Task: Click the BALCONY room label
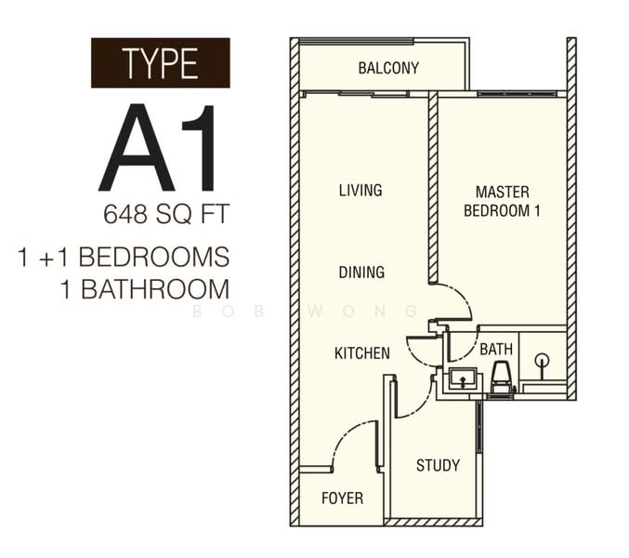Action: coord(388,68)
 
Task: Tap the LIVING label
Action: coord(360,191)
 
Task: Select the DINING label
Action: coord(361,272)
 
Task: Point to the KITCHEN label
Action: coord(362,353)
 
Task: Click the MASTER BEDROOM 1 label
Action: coord(503,201)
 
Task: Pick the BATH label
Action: coord(496,350)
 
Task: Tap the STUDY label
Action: coord(438,465)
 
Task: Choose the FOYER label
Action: coord(342,498)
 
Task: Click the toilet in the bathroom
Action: coord(502,377)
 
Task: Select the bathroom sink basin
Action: coord(463,379)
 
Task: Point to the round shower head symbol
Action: coord(542,359)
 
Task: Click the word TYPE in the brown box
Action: coord(160,63)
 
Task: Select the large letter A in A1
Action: coord(137,148)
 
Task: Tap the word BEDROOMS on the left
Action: coord(154,257)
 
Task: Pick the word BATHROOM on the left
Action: coord(155,289)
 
